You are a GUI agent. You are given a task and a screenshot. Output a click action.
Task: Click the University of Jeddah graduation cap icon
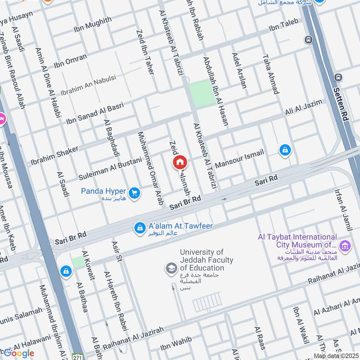tap(171, 269)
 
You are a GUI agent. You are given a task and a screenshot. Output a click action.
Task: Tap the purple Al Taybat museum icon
tap(345, 245)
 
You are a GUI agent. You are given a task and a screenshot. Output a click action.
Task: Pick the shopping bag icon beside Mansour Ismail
tap(285, 150)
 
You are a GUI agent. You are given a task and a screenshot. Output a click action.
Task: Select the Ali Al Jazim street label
tap(304, 108)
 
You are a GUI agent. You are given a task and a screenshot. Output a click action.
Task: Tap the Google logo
tap(19, 353)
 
